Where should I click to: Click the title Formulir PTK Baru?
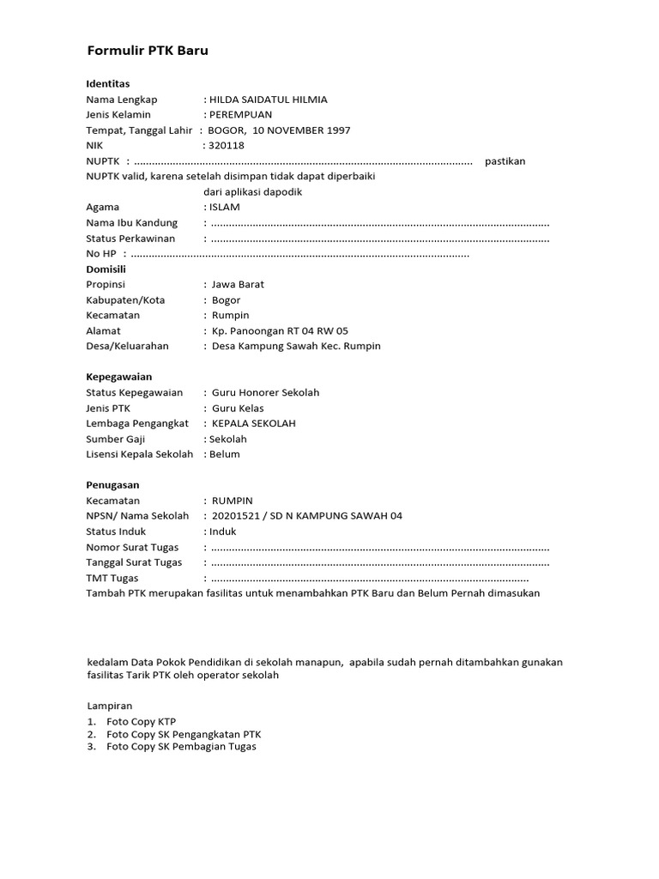tap(148, 51)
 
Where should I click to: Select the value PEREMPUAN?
tap(241, 115)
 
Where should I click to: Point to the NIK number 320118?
tap(227, 146)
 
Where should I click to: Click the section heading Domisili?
tap(106, 269)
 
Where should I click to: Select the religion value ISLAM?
tap(225, 207)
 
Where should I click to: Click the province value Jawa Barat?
tap(238, 284)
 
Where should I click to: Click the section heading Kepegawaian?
tap(119, 377)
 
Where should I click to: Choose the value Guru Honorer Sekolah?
tap(265, 392)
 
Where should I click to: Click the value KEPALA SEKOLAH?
tap(253, 423)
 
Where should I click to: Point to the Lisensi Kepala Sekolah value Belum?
tap(225, 454)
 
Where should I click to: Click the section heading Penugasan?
tap(112, 485)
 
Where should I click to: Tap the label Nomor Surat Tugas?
tap(134, 547)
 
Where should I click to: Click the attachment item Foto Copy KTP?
tap(141, 722)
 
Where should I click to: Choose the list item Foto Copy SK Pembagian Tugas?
tap(181, 747)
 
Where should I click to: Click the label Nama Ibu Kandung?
tap(132, 223)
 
